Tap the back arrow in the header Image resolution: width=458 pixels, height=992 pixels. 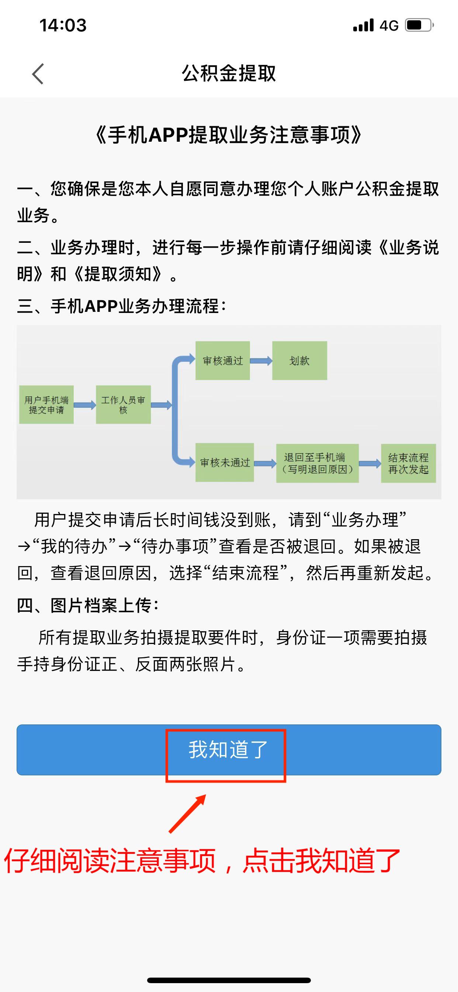(38, 73)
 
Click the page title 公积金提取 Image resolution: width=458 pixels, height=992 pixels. (229, 73)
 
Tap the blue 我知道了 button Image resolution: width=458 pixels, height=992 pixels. (229, 750)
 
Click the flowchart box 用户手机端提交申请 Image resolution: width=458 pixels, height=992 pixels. (46, 405)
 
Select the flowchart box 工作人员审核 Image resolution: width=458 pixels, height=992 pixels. (123, 405)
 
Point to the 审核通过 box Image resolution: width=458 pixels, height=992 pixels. (222, 361)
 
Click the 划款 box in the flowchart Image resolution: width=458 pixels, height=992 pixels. (299, 361)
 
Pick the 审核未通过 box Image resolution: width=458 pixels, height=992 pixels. (224, 462)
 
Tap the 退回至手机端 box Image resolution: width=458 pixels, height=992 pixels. (318, 463)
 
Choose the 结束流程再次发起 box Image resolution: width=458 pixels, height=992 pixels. (408, 463)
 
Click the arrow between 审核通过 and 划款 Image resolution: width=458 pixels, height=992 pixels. (261, 361)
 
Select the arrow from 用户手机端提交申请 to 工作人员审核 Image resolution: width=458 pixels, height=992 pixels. (85, 405)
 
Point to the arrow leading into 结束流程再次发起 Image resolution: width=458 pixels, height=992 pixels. (370, 463)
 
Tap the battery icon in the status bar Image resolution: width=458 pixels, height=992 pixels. (420, 25)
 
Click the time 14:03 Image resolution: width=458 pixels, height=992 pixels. (63, 25)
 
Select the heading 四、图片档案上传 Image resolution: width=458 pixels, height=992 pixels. (87, 605)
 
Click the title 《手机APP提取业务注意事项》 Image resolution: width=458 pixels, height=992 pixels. (229, 135)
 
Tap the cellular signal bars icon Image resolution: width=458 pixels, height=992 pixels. (363, 25)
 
